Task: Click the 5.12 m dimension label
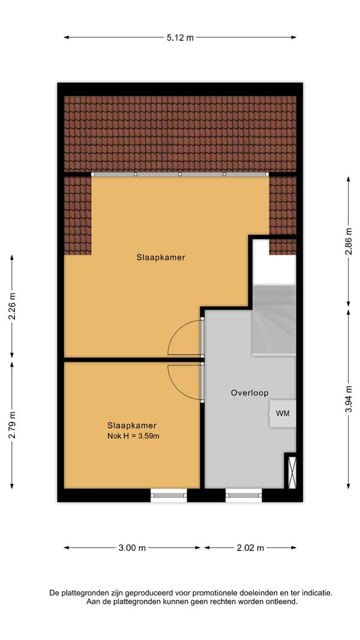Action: [180, 38]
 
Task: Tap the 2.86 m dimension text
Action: [348, 242]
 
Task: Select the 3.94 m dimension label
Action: [348, 399]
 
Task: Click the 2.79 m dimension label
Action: [12, 425]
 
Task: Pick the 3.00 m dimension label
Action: [132, 548]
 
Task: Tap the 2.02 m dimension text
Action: [250, 548]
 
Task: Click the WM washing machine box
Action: [283, 414]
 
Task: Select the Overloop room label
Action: [250, 393]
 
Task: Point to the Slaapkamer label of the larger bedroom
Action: [161, 258]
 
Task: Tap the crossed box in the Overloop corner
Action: [292, 472]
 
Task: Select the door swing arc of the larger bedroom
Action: [175, 331]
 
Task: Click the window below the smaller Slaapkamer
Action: [169, 495]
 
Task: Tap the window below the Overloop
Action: [244, 495]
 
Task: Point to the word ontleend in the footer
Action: [283, 602]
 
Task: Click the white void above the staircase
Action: [274, 267]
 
